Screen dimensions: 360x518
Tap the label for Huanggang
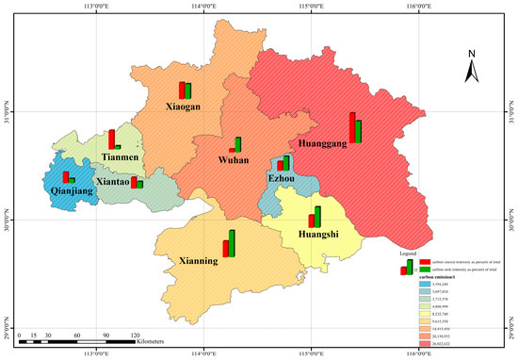click(x=325, y=145)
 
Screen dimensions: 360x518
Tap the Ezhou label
click(x=282, y=178)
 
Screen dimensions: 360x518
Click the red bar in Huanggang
click(x=352, y=127)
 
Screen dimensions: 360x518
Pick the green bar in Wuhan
click(x=238, y=144)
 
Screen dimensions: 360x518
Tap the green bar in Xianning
click(x=232, y=243)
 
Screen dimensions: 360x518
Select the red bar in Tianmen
click(x=111, y=139)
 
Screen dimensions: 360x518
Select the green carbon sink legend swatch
click(x=425, y=270)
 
